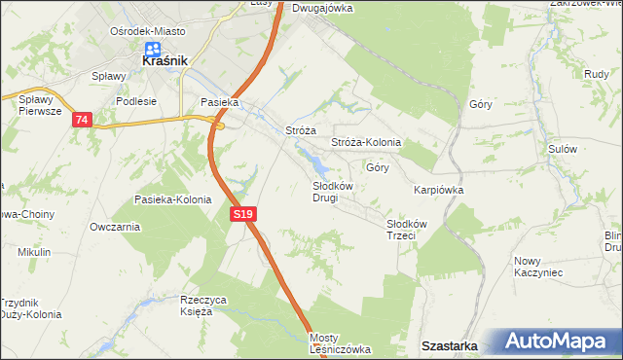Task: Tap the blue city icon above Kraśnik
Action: (x=153, y=48)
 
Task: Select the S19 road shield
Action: (x=244, y=214)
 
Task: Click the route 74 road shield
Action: (x=82, y=120)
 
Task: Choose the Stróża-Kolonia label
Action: (x=366, y=142)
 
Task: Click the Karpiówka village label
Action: (x=438, y=190)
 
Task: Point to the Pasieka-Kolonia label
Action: (x=172, y=199)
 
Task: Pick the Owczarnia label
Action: (x=114, y=227)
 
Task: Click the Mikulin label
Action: (x=34, y=252)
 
